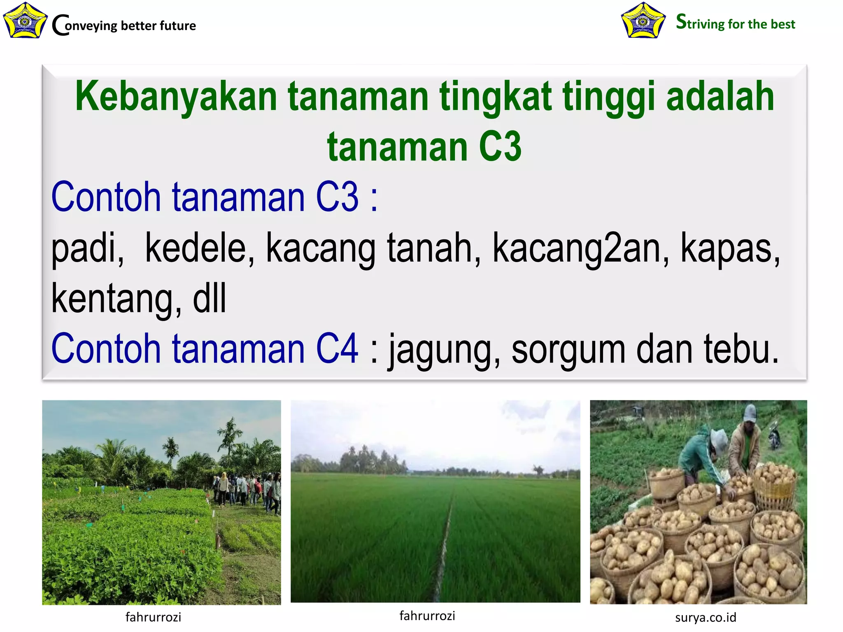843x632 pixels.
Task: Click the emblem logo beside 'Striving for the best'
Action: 643,21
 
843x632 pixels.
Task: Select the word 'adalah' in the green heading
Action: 720,97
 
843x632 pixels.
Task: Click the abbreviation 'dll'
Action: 210,298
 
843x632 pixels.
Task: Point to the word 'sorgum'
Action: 568,350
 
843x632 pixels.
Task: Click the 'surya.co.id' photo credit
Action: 706,618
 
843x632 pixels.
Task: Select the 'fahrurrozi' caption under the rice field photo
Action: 427,616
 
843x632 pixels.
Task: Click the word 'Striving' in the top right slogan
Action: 700,23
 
